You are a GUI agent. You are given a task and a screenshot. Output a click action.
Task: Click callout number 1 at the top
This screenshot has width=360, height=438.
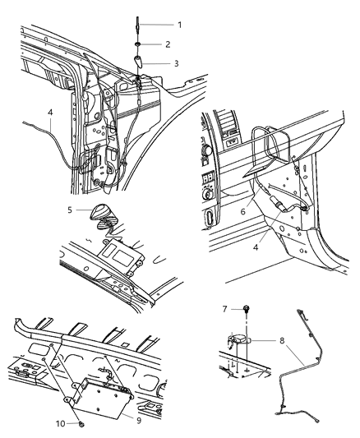tap(180, 25)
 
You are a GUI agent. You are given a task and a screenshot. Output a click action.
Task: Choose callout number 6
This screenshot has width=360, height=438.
tap(242, 211)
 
